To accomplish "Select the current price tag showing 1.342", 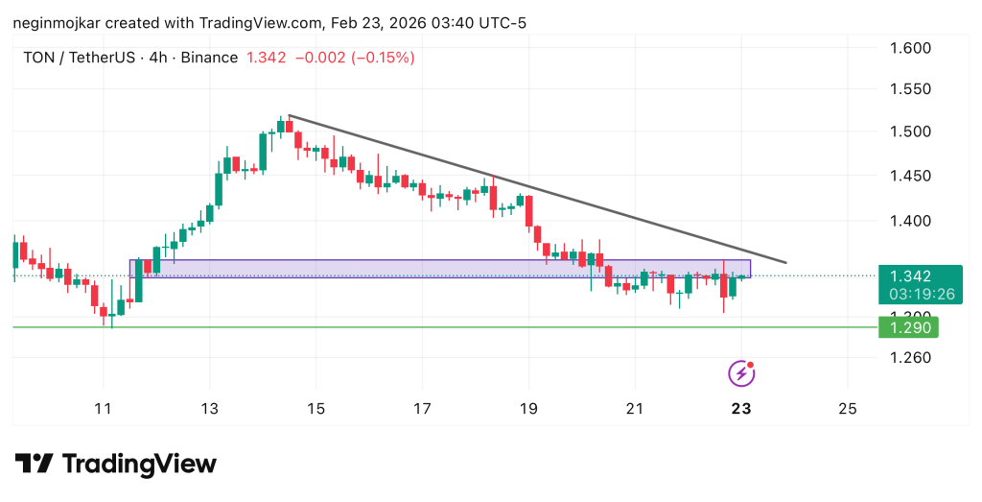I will pyautogui.click(x=911, y=275).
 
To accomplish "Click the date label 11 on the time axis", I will pyautogui.click(x=104, y=408).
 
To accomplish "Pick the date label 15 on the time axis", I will pyautogui.click(x=316, y=408).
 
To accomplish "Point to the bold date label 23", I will pyautogui.click(x=740, y=408).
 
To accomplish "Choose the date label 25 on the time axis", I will pyautogui.click(x=847, y=408).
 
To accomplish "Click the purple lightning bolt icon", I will pyautogui.click(x=740, y=372).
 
